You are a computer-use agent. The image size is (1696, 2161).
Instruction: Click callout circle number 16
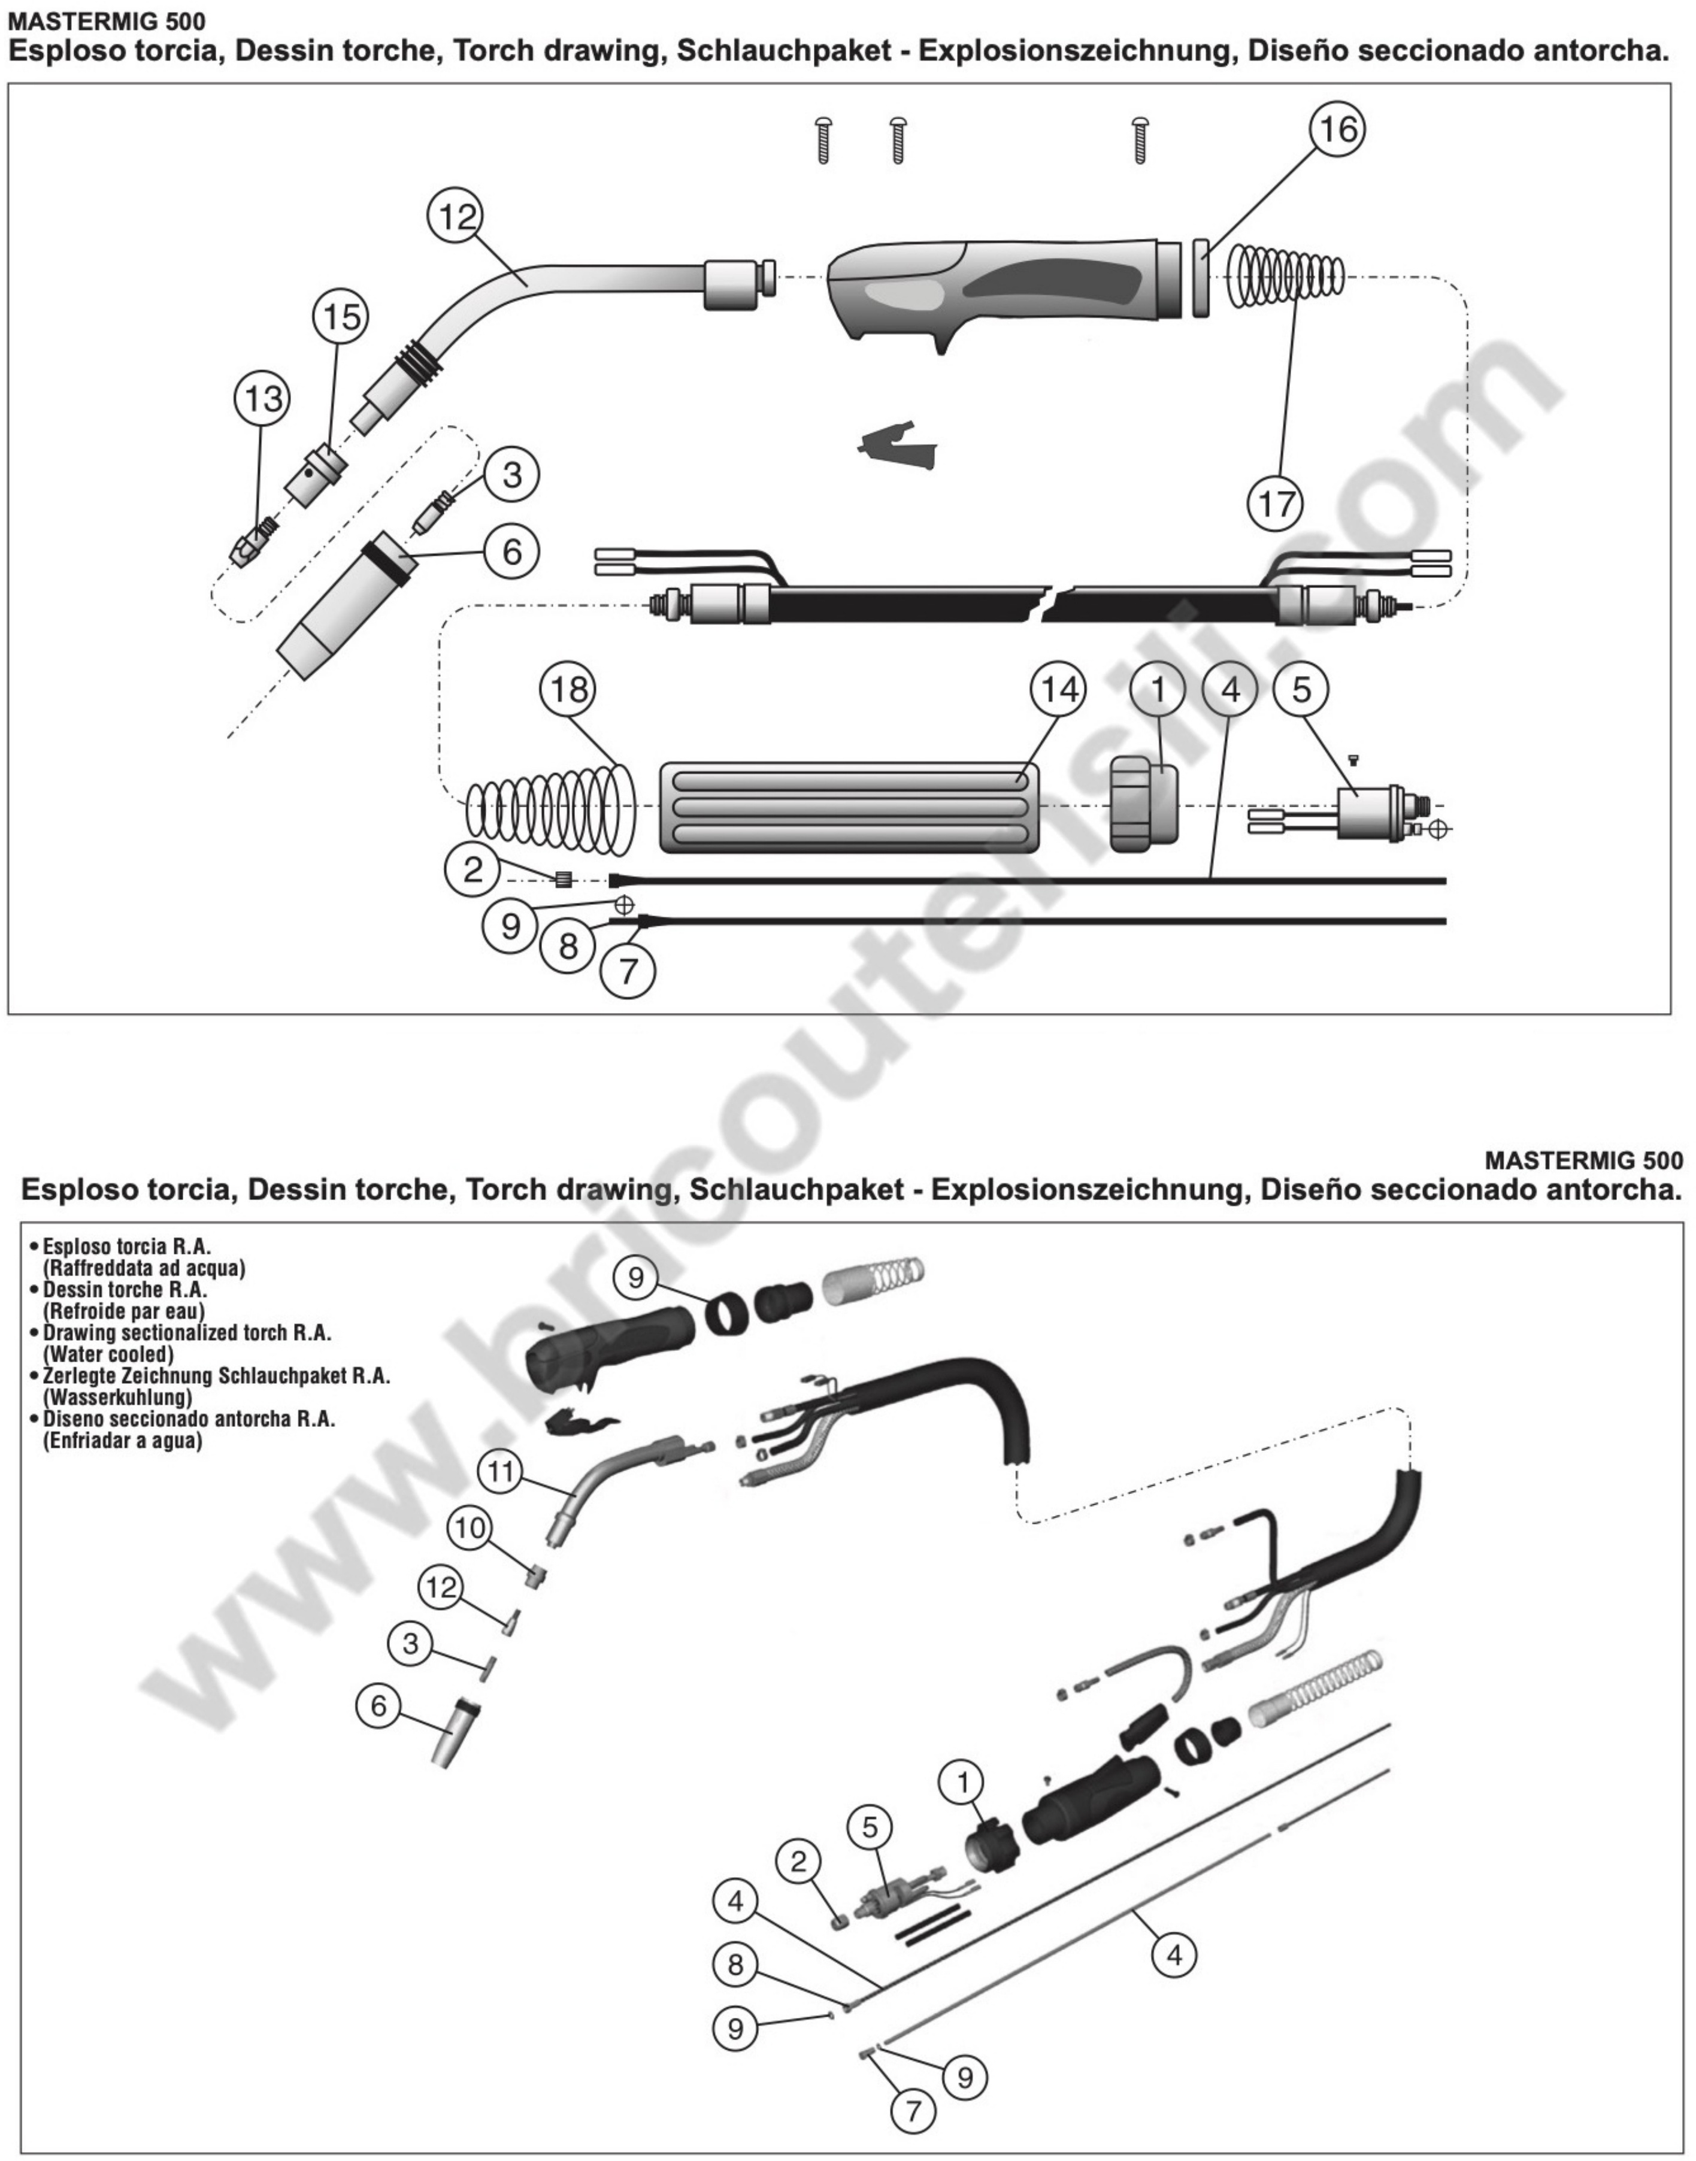tap(1337, 129)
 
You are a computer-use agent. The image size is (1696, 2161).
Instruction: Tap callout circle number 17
tap(1276, 504)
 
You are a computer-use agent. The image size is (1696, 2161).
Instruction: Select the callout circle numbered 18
tap(569, 689)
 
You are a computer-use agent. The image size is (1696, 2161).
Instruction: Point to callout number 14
tap(1059, 689)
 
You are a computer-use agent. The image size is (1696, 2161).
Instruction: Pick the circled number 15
tap(341, 317)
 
